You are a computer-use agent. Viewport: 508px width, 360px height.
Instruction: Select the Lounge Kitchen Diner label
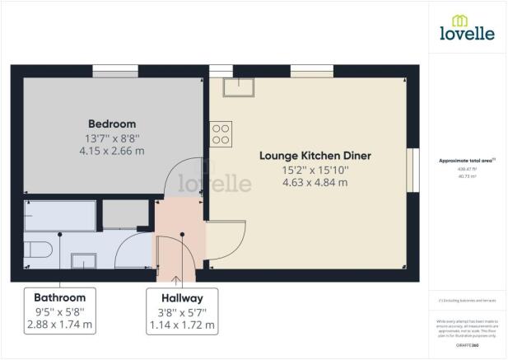point(315,156)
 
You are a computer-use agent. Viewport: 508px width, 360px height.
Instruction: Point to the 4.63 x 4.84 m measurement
point(315,182)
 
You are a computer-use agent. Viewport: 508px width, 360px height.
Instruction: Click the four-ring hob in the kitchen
point(221,133)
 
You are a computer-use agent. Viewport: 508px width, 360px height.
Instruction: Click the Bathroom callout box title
point(59,297)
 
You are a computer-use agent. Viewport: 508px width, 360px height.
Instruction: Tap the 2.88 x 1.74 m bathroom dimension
point(59,325)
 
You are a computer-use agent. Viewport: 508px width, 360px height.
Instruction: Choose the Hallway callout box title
point(181,297)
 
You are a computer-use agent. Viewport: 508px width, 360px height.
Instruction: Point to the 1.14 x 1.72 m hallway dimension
point(181,325)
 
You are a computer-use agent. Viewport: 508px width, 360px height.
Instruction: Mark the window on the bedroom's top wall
point(114,72)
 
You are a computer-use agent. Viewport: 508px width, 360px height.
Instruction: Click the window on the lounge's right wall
point(413,170)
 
